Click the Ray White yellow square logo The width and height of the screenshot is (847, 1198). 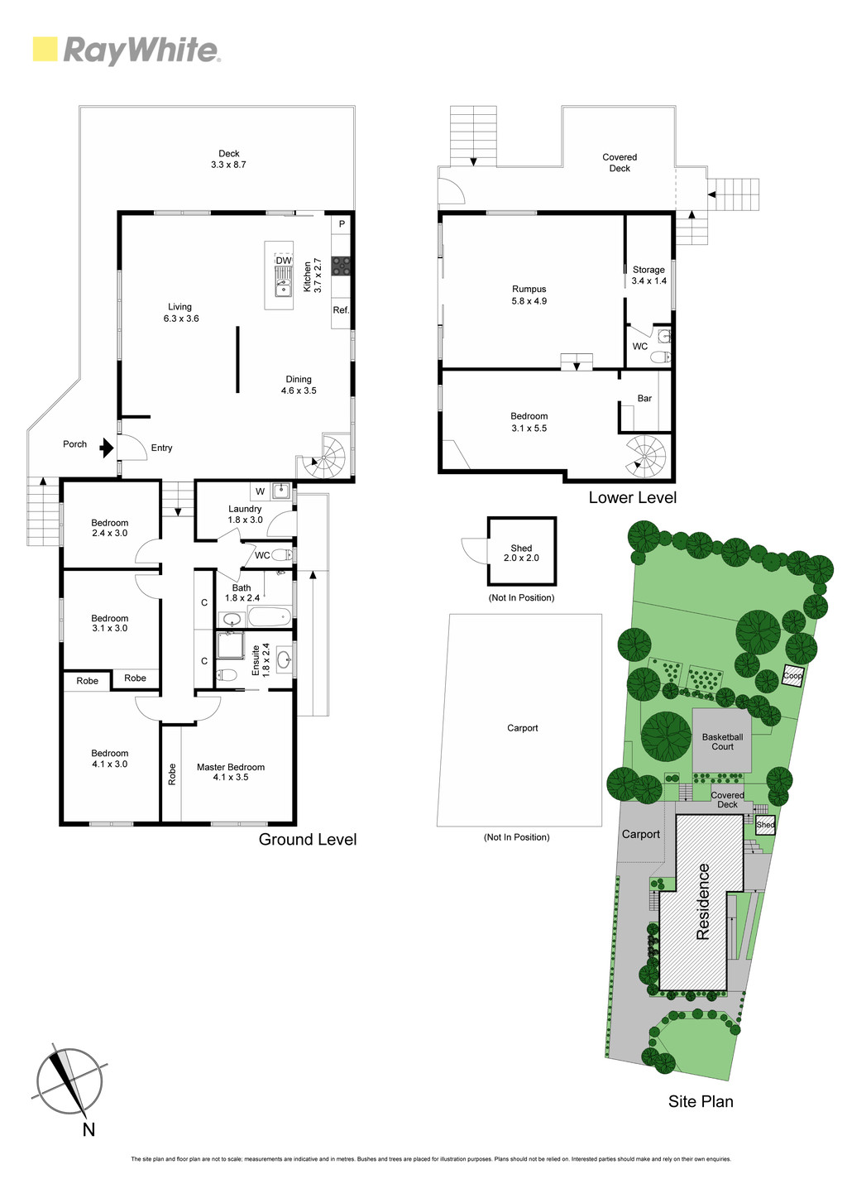(45, 49)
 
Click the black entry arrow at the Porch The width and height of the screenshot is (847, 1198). (107, 447)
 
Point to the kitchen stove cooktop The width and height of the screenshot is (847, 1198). (341, 266)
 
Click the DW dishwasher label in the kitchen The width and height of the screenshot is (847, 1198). (284, 261)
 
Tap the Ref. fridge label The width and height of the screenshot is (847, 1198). (341, 310)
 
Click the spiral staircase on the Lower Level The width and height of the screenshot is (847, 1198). (645, 457)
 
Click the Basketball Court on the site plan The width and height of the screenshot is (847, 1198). (722, 740)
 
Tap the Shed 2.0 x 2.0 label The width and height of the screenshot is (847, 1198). (521, 553)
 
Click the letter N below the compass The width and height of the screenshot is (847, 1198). (89, 1129)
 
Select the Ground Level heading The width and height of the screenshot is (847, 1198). (308, 839)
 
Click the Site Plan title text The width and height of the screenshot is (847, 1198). (701, 1101)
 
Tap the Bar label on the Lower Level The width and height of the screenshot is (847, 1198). (644, 399)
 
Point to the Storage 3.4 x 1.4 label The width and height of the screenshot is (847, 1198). (648, 275)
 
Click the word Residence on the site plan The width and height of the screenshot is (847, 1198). (702, 903)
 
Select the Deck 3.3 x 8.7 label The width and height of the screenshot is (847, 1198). (228, 159)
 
